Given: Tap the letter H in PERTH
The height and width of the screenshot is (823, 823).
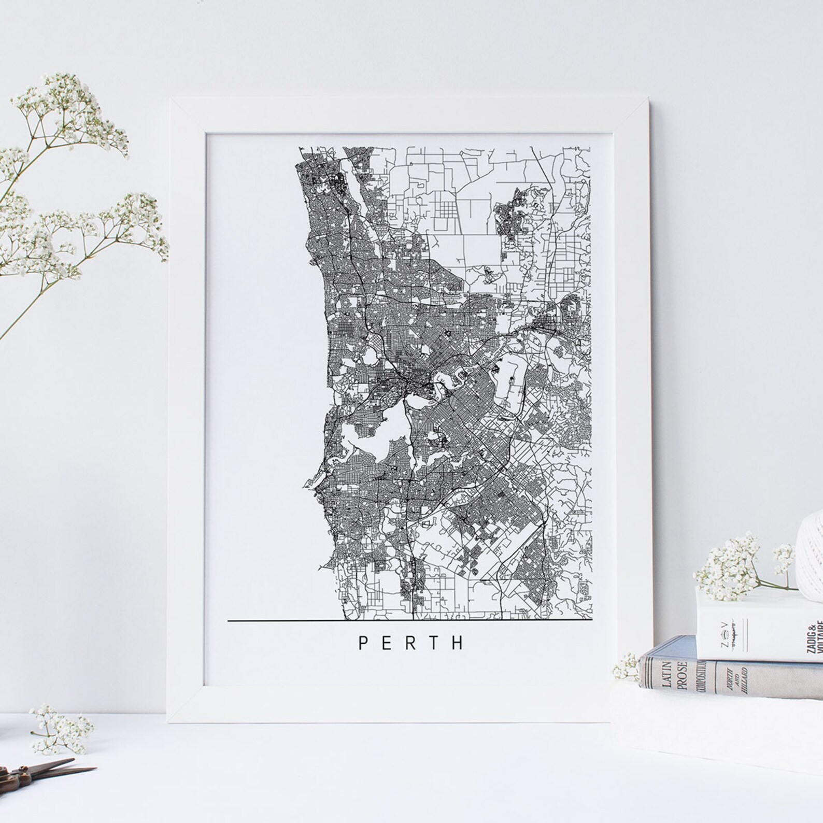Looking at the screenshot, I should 458,643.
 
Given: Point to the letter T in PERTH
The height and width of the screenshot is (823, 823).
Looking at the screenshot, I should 434,643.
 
